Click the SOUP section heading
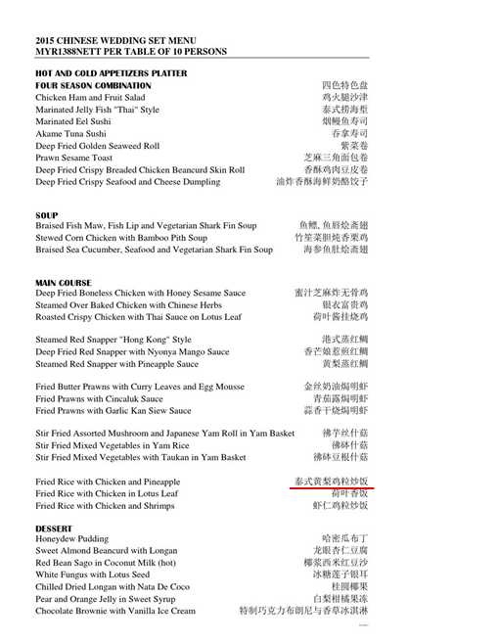46,215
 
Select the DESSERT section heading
56,528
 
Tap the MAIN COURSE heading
63,283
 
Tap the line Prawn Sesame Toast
73,158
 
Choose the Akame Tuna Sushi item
69,133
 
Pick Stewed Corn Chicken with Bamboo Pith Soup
121,238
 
